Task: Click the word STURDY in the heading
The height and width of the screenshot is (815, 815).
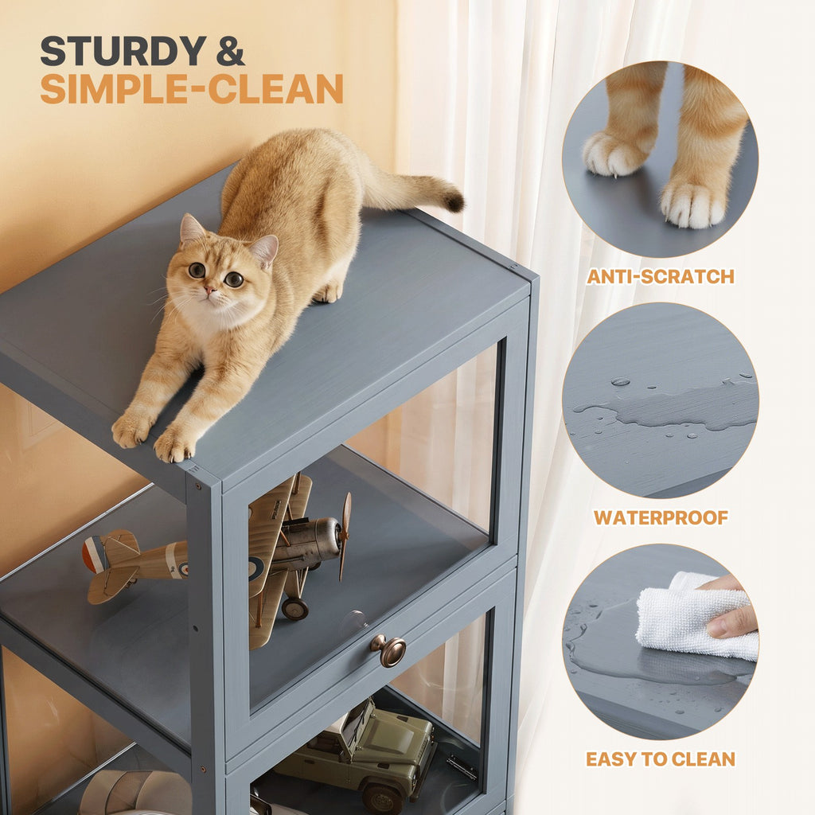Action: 123,51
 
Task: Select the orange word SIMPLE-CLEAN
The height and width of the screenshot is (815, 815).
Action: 192,88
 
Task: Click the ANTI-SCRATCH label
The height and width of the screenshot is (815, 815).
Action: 660,276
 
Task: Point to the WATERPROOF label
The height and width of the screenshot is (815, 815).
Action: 661,517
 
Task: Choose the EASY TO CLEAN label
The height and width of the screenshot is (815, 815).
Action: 660,758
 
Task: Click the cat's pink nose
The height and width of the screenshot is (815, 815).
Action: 210,290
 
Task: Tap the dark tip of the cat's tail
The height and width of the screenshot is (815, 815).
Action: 454,201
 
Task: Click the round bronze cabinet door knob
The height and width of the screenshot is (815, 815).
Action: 388,649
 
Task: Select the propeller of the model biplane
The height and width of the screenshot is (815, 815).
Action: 345,536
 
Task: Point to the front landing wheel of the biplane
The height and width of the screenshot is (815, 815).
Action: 294,609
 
